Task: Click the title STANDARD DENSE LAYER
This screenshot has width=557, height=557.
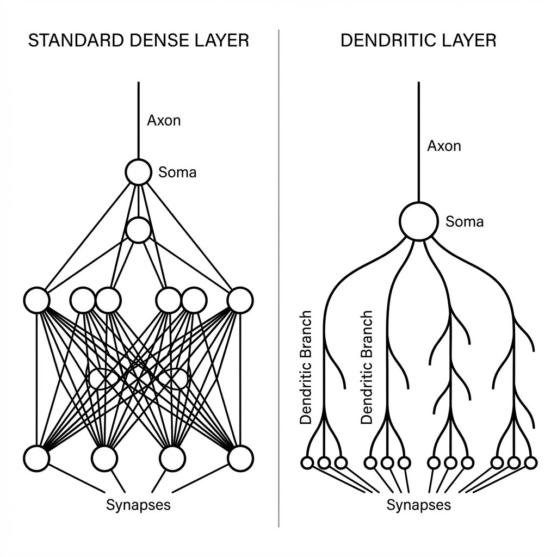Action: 138,41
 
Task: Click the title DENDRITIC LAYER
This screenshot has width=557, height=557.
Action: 418,41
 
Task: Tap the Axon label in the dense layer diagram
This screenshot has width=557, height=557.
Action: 164,120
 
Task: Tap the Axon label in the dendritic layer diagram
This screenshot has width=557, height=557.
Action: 444,146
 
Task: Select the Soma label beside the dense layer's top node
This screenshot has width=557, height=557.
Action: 177,173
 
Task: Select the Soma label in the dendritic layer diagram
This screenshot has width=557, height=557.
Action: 465,221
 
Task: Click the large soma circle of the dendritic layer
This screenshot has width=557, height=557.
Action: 418,221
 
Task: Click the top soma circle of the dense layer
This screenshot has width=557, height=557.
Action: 138,172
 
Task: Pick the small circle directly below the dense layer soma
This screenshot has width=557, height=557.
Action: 138,230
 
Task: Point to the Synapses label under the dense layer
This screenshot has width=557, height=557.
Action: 138,505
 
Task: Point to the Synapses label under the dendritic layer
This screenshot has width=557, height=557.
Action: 418,505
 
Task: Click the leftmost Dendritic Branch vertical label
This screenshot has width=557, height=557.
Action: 306,367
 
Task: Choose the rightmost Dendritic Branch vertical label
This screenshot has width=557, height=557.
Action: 367,367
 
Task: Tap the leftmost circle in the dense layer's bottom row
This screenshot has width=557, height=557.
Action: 37,458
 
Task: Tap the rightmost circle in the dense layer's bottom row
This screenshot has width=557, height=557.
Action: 240,458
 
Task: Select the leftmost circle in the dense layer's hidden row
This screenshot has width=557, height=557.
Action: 37,300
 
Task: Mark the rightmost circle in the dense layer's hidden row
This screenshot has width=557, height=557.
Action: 240,300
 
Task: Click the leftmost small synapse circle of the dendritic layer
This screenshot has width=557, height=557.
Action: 307,463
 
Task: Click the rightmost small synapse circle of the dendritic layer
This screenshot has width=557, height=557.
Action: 531,463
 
